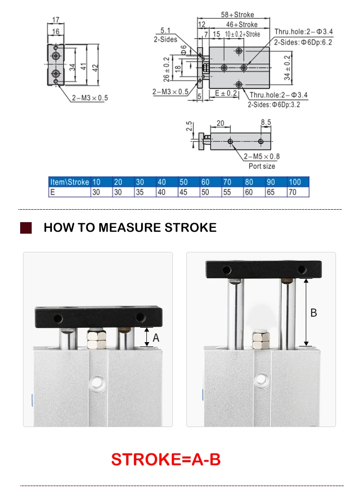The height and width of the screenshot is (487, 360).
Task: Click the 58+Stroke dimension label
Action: (x=237, y=14)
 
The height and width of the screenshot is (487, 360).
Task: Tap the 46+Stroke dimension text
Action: (x=241, y=24)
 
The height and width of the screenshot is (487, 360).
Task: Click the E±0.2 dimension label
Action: (x=226, y=93)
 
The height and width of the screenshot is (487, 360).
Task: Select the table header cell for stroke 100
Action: (x=298, y=182)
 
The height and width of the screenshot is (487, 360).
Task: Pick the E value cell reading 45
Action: (x=189, y=192)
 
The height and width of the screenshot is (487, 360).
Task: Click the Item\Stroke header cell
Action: (x=70, y=182)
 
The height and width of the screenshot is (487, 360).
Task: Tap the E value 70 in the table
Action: (x=298, y=192)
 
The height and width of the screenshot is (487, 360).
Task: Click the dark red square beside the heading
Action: (x=26, y=227)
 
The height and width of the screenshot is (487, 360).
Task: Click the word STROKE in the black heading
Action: (x=191, y=227)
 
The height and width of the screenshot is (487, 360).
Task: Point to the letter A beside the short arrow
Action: (x=156, y=338)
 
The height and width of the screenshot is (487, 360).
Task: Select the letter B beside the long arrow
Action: (x=314, y=313)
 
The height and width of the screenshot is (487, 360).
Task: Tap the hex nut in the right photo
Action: (x=261, y=340)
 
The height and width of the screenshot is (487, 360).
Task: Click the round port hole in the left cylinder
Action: (x=96, y=382)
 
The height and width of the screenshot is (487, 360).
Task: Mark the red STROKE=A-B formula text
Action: (x=166, y=459)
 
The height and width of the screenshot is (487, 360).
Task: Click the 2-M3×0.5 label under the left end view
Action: (x=90, y=98)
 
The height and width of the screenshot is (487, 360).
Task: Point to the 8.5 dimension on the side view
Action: (x=266, y=122)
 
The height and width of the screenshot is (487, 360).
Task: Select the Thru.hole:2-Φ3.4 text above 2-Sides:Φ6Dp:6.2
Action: (x=303, y=32)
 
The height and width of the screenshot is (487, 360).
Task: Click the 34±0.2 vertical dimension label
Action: (x=288, y=68)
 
